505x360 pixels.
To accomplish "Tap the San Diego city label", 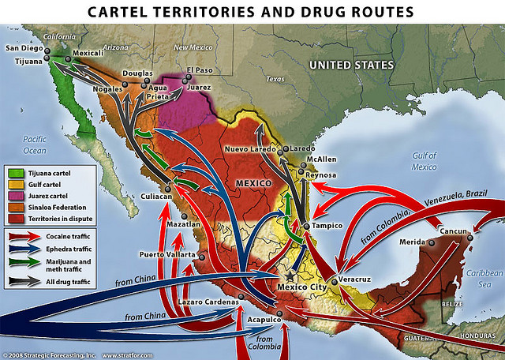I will pos(22,49).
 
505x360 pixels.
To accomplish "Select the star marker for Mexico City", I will pos(291,278).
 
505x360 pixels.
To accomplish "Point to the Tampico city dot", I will pos(305,227).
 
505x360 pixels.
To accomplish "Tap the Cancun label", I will pos(452,230).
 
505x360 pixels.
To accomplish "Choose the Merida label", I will pos(413,241).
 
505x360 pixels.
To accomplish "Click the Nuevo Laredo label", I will pos(249,149).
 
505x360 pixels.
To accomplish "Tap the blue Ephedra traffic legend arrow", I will pos(21,249).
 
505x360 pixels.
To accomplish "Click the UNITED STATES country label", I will pos(350,64).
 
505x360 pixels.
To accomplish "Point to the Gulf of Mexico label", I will pos(423,161).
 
